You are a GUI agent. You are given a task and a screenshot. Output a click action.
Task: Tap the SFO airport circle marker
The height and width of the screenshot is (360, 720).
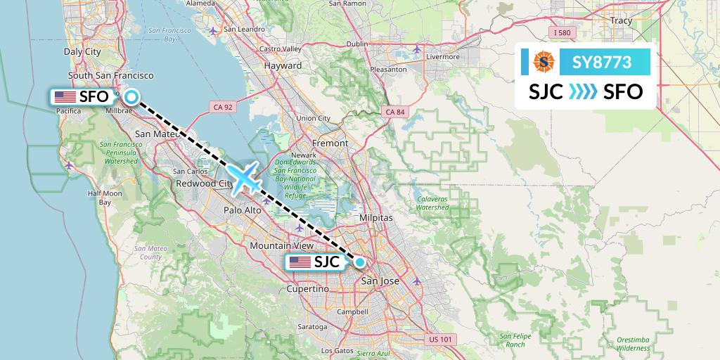[131, 98]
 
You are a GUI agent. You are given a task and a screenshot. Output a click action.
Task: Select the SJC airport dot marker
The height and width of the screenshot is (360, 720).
[360, 263]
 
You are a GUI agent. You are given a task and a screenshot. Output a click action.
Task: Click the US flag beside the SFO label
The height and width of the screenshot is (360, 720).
[65, 97]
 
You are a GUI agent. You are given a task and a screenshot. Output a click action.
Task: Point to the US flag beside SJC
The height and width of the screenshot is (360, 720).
[300, 262]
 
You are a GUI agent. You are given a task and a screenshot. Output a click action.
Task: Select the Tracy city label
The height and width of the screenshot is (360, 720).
[621, 21]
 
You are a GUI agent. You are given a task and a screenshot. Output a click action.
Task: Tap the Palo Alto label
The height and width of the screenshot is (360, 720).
[243, 210]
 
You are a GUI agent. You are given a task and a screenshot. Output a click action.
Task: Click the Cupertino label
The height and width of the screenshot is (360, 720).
[308, 289]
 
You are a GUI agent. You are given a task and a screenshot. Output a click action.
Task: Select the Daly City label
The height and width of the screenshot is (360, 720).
[82, 51]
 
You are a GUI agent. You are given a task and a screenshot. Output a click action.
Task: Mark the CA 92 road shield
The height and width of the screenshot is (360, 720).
[221, 107]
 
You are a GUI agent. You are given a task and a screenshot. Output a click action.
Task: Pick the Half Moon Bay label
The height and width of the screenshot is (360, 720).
[105, 198]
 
